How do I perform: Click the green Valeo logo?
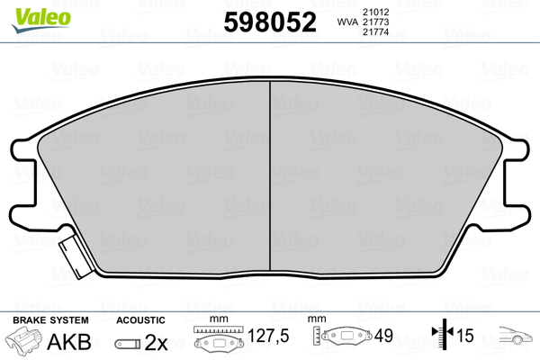(x=41, y=20)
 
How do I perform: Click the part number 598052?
(x=270, y=22)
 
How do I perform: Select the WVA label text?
(x=347, y=22)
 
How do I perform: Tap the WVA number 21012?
(x=375, y=12)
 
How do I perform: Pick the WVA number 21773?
(x=375, y=22)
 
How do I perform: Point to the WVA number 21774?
(x=375, y=32)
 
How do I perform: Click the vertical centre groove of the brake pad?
(x=270, y=175)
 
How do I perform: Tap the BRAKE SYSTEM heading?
(x=50, y=320)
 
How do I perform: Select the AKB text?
(x=69, y=342)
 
